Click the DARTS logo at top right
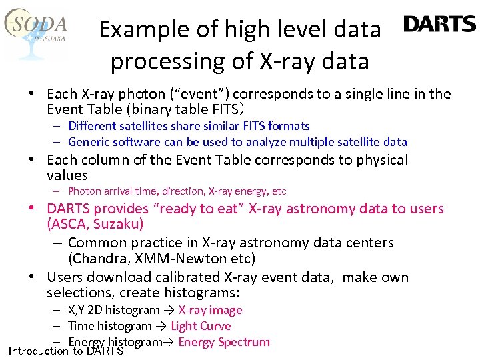tap(439, 25)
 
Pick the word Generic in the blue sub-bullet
tap(89, 142)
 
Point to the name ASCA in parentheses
tap(69, 225)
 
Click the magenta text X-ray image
tap(210, 310)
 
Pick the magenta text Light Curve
tap(201, 326)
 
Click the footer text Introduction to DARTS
tap(66, 351)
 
